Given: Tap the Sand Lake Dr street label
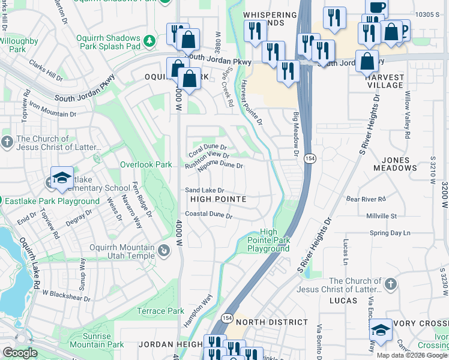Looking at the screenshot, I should click(205, 190).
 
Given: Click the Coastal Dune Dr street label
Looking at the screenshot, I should click(208, 214).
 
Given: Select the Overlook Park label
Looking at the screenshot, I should click(146, 164).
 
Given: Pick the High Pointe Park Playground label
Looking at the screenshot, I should click(268, 241).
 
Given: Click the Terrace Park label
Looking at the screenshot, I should click(160, 311).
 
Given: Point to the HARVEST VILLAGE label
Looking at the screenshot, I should click(384, 81).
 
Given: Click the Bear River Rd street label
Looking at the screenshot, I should click(366, 198).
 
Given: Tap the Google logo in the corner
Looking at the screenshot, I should click(20, 352).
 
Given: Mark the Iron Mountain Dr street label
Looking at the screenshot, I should click(53, 110).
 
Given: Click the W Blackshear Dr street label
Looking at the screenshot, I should click(66, 295).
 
